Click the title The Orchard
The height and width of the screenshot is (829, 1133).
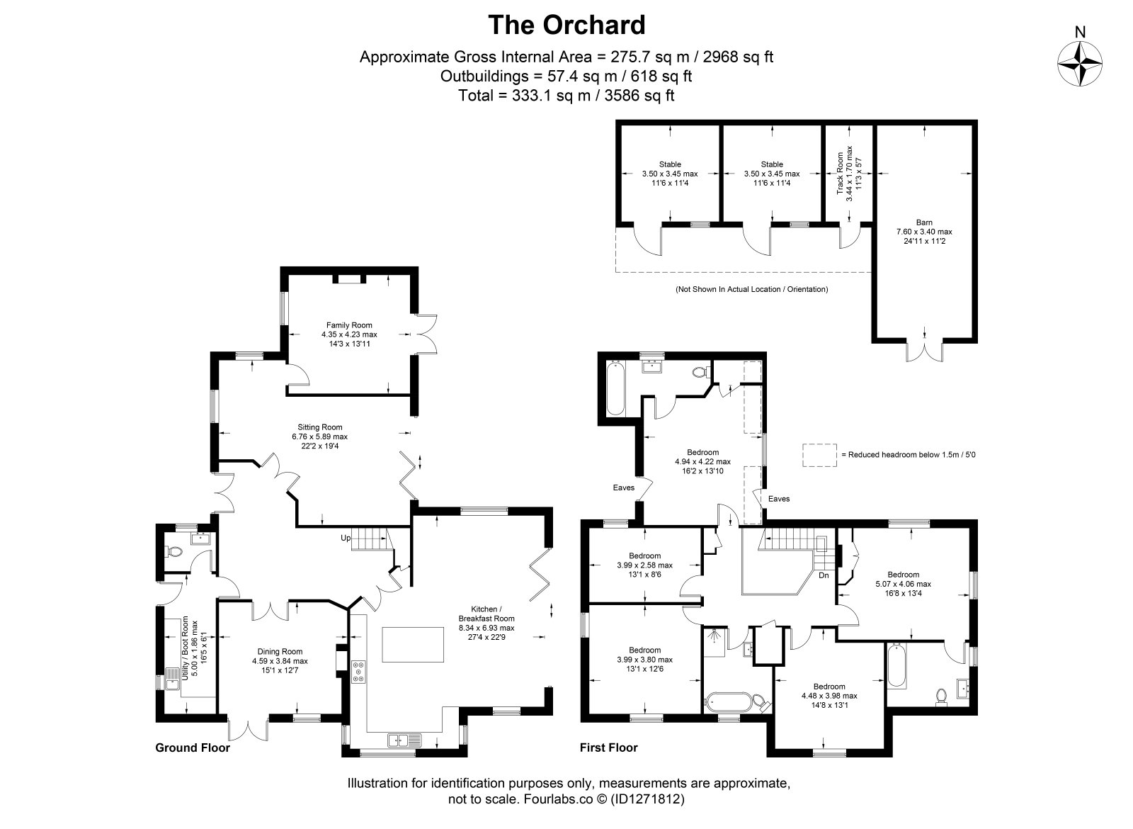[x=566, y=25]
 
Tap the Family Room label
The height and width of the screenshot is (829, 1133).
[x=349, y=325]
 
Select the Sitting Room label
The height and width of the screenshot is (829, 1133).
[x=319, y=427]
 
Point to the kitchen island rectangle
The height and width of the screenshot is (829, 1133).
[x=413, y=644]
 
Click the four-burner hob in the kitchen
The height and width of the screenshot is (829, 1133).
[x=358, y=672]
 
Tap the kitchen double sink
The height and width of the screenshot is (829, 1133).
[x=404, y=740]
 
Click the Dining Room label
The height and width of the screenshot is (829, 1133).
[x=280, y=652]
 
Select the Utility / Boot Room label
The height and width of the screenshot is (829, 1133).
[x=185, y=648]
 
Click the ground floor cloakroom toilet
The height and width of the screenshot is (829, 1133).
[x=173, y=551]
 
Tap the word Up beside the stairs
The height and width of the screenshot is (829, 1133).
[x=346, y=538]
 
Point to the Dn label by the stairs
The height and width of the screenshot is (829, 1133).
[x=824, y=575]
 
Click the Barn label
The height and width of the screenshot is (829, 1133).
[x=924, y=222]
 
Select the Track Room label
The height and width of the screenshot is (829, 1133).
[x=840, y=173]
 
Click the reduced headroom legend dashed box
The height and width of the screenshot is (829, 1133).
[x=819, y=455]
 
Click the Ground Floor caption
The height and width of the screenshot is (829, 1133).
[x=193, y=748]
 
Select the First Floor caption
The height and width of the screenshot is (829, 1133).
[x=608, y=748]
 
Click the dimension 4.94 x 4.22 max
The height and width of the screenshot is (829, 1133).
[x=702, y=461]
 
